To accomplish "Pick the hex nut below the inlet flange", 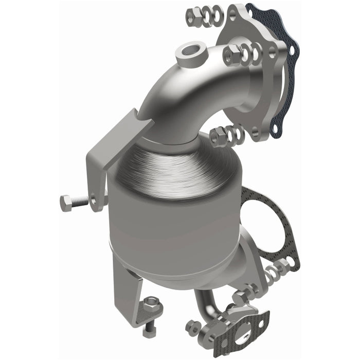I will click(219, 136).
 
